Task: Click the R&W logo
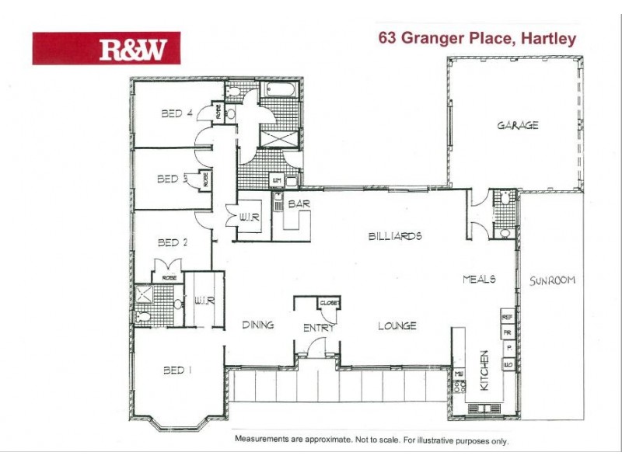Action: (x=106, y=48)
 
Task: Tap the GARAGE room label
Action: (x=518, y=125)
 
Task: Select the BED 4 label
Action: (x=176, y=113)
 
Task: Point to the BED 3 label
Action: (x=169, y=179)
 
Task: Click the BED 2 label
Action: (x=173, y=242)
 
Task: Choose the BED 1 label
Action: (x=178, y=370)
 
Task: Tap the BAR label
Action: (x=299, y=204)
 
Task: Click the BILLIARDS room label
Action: (x=395, y=235)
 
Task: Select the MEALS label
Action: (x=479, y=279)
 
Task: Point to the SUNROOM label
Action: (x=552, y=280)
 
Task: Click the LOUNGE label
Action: (x=397, y=325)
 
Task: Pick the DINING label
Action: (x=257, y=325)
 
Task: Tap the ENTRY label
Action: (x=319, y=329)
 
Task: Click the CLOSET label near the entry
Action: (x=329, y=303)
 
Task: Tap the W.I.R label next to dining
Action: (x=204, y=300)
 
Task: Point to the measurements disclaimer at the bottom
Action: (x=371, y=439)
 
